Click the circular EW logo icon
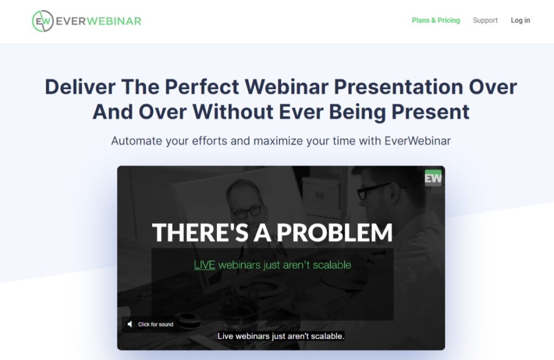click(x=43, y=21)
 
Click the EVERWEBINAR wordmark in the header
click(x=98, y=21)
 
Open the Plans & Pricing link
click(x=436, y=21)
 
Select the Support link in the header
click(x=485, y=21)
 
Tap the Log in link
click(x=520, y=21)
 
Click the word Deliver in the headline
click(x=80, y=87)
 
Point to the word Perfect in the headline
click(x=202, y=87)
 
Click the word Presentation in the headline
click(x=398, y=87)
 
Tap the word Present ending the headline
click(x=430, y=112)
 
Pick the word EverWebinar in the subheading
click(x=418, y=141)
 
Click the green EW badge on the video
click(x=433, y=178)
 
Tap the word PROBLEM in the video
click(x=334, y=232)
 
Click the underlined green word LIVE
click(x=205, y=265)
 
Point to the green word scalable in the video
click(x=332, y=265)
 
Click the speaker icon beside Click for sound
click(x=130, y=324)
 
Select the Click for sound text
click(x=155, y=324)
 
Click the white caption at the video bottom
click(x=281, y=336)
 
